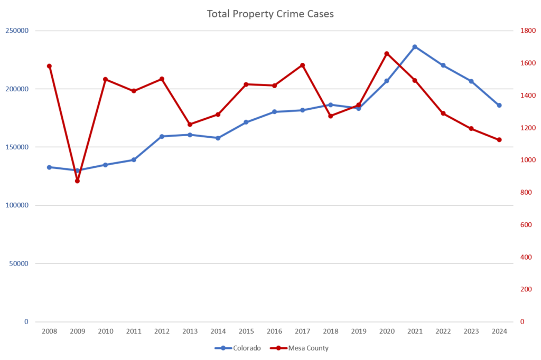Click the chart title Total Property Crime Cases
270,14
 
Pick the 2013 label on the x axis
190,331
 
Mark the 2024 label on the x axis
499,331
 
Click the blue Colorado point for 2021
415,47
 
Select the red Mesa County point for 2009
77,181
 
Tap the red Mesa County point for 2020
387,53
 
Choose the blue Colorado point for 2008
49,167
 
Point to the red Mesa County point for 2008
49,66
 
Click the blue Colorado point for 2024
499,105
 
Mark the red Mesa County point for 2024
499,140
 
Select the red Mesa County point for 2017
302,65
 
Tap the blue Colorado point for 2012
162,136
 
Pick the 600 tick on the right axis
524,225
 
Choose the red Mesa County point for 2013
190,125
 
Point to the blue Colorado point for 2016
274,112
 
